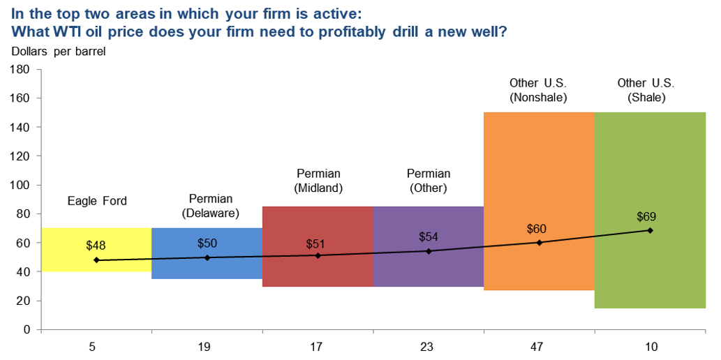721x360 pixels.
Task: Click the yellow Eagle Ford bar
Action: (70, 262)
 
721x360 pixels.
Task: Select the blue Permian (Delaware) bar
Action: (207, 269)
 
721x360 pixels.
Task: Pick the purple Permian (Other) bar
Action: (428, 269)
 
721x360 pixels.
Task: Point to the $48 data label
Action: (96, 246)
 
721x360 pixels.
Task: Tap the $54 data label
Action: (429, 237)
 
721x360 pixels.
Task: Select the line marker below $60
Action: (539, 243)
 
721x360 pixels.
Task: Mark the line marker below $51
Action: (318, 255)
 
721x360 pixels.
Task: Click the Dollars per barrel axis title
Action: (59, 51)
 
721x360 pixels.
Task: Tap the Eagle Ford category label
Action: (97, 201)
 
